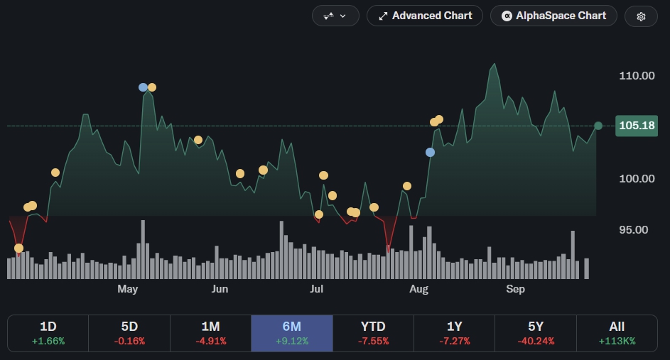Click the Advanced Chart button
pyautogui.click(x=425, y=16)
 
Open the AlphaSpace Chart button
pyautogui.click(x=553, y=16)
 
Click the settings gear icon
pyautogui.click(x=641, y=16)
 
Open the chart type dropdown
pyautogui.click(x=335, y=16)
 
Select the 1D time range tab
pyautogui.click(x=48, y=333)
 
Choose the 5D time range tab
pyautogui.click(x=129, y=333)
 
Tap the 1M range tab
pyautogui.click(x=210, y=333)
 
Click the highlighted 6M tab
pyautogui.click(x=292, y=333)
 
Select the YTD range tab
pyautogui.click(x=373, y=333)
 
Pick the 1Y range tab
pyautogui.click(x=454, y=333)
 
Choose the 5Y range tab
pyautogui.click(x=536, y=333)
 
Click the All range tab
pyautogui.click(x=617, y=333)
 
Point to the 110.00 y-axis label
pyautogui.click(x=637, y=75)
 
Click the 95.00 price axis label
pyautogui.click(x=633, y=230)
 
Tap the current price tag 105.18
pyautogui.click(x=636, y=126)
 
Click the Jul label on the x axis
pyautogui.click(x=316, y=289)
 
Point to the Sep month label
pyautogui.click(x=515, y=289)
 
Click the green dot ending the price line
pyautogui.click(x=598, y=126)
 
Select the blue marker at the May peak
pyautogui.click(x=143, y=87)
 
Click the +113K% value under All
pyautogui.click(x=617, y=342)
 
